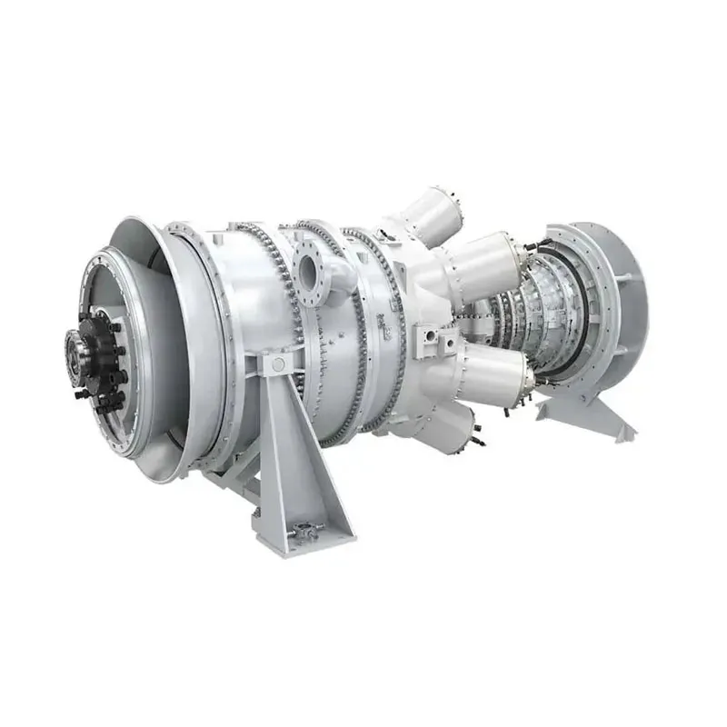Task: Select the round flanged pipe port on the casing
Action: coord(310,272)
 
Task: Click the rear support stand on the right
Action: coord(582,413)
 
